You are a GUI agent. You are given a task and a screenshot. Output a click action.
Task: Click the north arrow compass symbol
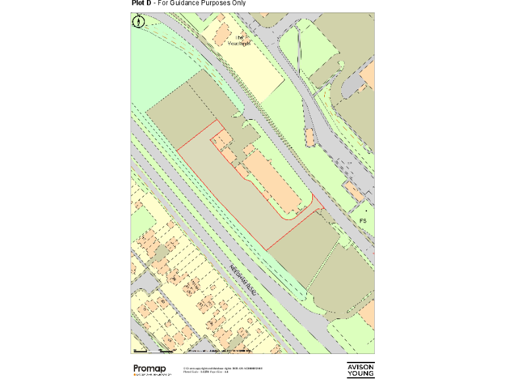click(138, 22)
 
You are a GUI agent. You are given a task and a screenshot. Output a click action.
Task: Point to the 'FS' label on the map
click(362, 220)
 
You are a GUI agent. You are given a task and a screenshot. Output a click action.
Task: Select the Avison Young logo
click(360, 370)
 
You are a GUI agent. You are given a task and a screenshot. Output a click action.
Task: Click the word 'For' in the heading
click(164, 3)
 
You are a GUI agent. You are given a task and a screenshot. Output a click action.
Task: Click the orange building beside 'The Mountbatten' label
click(221, 32)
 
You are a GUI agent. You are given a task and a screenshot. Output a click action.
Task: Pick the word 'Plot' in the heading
click(138, 3)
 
